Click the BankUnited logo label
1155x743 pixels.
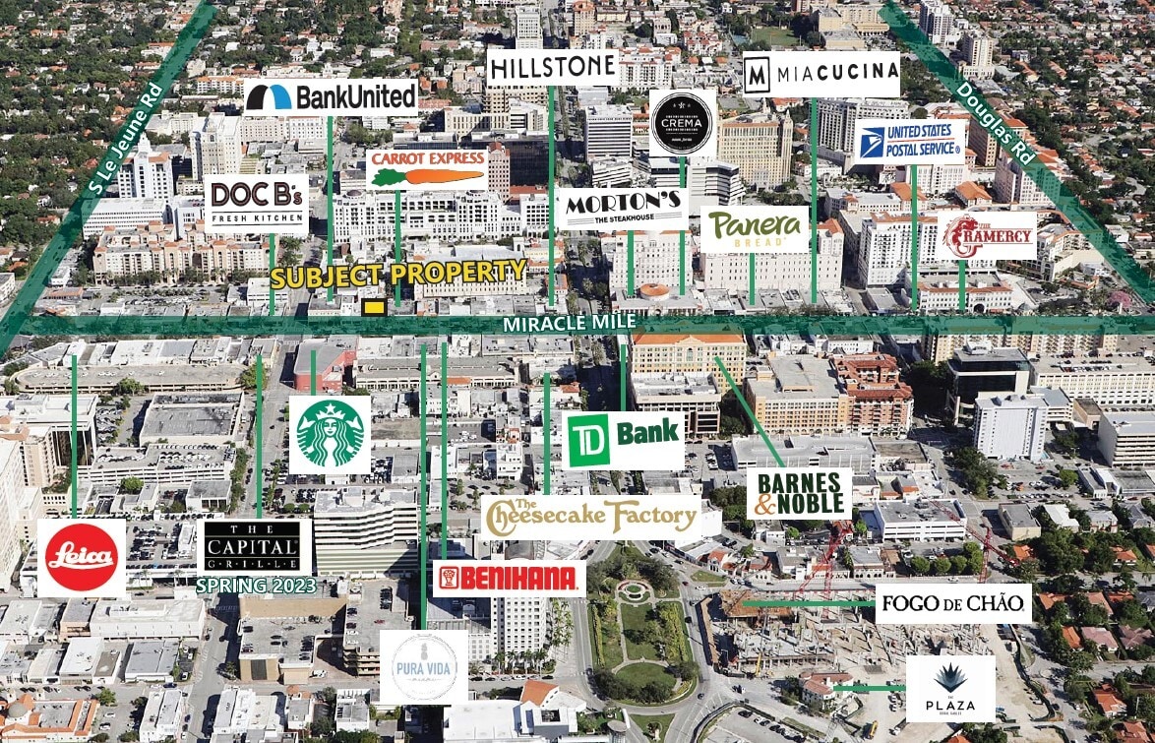(x=331, y=96)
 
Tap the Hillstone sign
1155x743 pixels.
(x=552, y=68)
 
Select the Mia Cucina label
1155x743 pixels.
(x=821, y=74)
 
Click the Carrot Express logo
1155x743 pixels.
(x=427, y=168)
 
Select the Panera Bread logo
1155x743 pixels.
(x=755, y=228)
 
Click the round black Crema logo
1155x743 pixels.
(x=683, y=123)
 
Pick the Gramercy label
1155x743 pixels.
(x=987, y=236)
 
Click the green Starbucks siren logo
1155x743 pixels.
(x=330, y=434)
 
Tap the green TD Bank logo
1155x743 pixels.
(x=624, y=440)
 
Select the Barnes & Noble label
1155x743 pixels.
(x=799, y=493)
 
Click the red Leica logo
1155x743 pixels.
(x=82, y=558)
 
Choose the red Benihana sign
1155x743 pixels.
(x=509, y=579)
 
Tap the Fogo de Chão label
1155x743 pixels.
(x=952, y=603)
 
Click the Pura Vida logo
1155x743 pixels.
(x=423, y=667)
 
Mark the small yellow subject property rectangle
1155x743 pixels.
(x=373, y=307)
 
